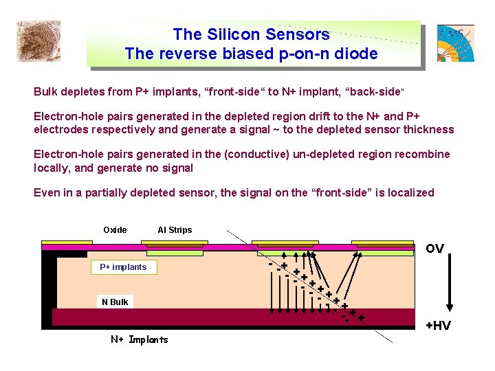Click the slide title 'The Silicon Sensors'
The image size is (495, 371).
coord(251,34)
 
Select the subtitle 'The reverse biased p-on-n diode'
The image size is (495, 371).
coord(251,54)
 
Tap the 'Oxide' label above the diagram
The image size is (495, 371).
coord(115,230)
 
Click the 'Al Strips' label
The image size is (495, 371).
coord(175,230)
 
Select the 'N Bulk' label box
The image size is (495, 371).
coord(115,302)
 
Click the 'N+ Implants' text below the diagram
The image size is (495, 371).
coord(140,339)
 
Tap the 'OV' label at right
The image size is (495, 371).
coord(434,249)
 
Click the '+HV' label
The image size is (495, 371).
coord(438,326)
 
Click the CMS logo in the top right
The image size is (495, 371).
coord(455,43)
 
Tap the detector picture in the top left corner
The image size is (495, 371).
coord(38,41)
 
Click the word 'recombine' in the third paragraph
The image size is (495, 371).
coord(420,155)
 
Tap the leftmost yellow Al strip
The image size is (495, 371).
coord(67,243)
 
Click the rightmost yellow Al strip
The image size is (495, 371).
coord(383,243)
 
